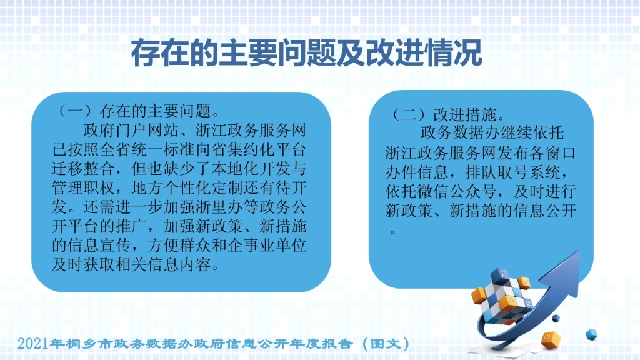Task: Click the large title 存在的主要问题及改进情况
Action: coord(306,53)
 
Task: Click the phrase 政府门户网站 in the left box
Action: coord(131,130)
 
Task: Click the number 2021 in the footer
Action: coord(33,344)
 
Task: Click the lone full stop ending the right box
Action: coord(392,232)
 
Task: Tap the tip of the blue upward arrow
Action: coord(579,251)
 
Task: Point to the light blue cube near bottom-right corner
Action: coord(591,334)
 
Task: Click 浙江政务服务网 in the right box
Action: coord(441,153)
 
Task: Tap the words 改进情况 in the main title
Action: coord(424,53)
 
